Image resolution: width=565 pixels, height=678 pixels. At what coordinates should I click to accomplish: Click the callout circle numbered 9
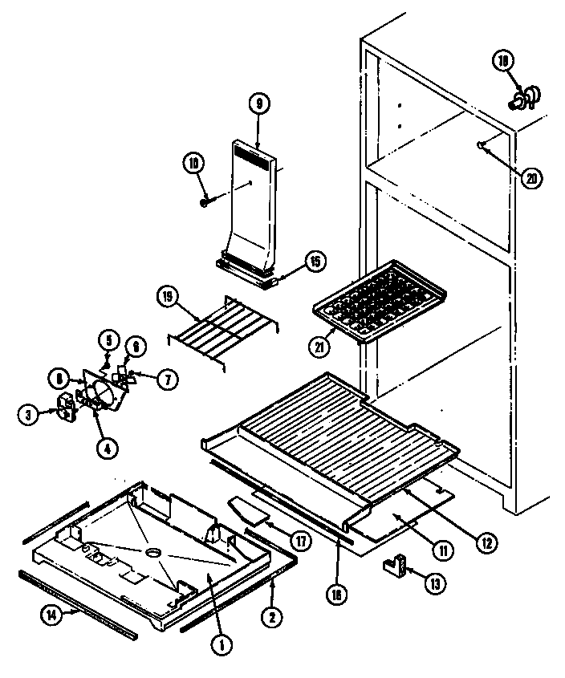pyautogui.click(x=258, y=103)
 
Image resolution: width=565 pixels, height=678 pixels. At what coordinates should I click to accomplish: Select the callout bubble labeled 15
pyautogui.click(x=315, y=261)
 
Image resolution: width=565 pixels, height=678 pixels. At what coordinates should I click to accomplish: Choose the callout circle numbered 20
pyautogui.click(x=530, y=178)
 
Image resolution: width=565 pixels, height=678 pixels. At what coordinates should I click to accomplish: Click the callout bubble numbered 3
pyautogui.click(x=28, y=414)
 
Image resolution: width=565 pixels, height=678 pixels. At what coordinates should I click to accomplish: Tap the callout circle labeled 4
pyautogui.click(x=107, y=449)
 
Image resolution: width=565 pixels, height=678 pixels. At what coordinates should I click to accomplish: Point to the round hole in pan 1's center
pyautogui.click(x=152, y=553)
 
